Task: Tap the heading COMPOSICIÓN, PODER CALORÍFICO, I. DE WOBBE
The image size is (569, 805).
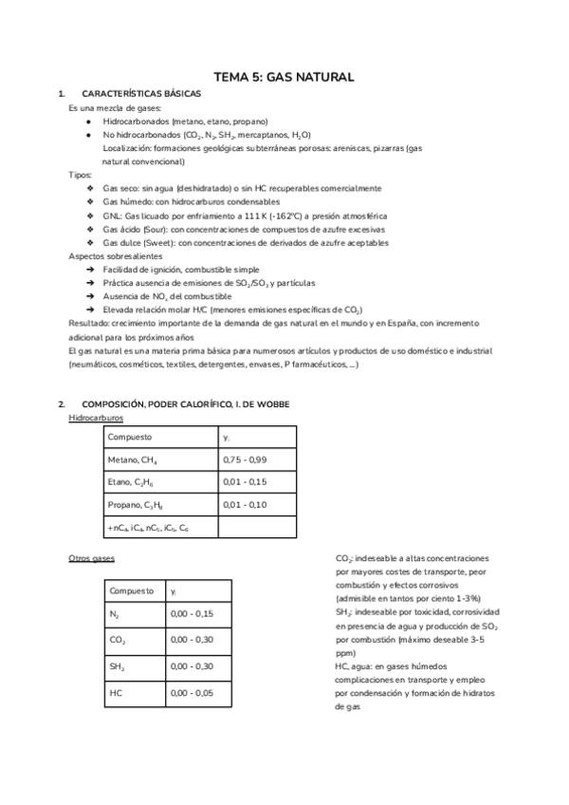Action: click(186, 404)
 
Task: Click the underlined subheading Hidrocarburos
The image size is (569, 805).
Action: click(97, 418)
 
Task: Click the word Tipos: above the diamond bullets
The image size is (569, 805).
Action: click(81, 176)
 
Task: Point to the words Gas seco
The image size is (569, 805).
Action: click(121, 189)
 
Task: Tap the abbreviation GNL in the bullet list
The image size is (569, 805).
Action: click(113, 215)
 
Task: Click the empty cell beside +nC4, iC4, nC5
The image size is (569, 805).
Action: click(258, 527)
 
